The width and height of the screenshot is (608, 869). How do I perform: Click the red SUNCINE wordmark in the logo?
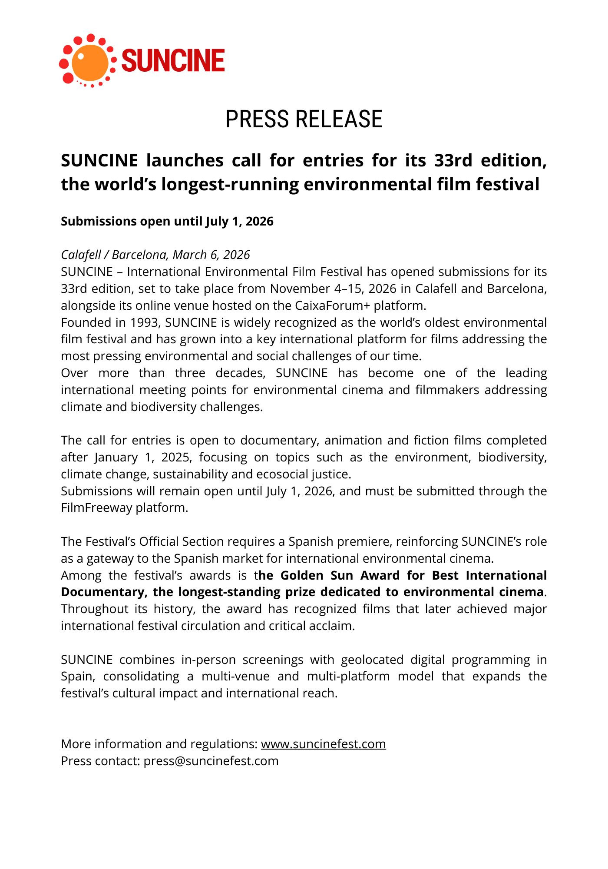(x=173, y=60)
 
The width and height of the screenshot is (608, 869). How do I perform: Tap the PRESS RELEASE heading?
(x=304, y=119)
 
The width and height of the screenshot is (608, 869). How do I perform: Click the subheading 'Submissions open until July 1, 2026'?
(x=167, y=221)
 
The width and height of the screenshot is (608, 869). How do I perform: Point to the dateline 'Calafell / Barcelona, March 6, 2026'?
(x=155, y=255)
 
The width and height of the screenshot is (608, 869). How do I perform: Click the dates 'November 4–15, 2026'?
(x=333, y=289)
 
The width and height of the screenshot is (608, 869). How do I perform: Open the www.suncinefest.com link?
(x=323, y=744)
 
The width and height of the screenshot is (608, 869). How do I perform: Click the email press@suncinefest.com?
(x=211, y=761)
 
